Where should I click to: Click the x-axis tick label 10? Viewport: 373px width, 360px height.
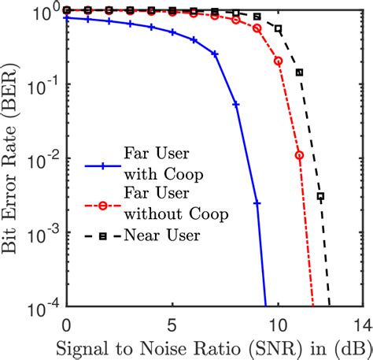tap(277, 323)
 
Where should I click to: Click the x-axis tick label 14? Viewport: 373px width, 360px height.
tap(360, 323)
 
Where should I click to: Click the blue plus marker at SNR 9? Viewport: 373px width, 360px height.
tap(257, 202)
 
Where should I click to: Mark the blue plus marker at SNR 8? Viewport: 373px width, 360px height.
tap(235, 104)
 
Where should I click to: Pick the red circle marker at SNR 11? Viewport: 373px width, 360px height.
tap(299, 155)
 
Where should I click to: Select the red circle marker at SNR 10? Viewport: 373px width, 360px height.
tap(278, 61)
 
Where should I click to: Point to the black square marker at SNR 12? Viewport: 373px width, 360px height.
tap(320, 196)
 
